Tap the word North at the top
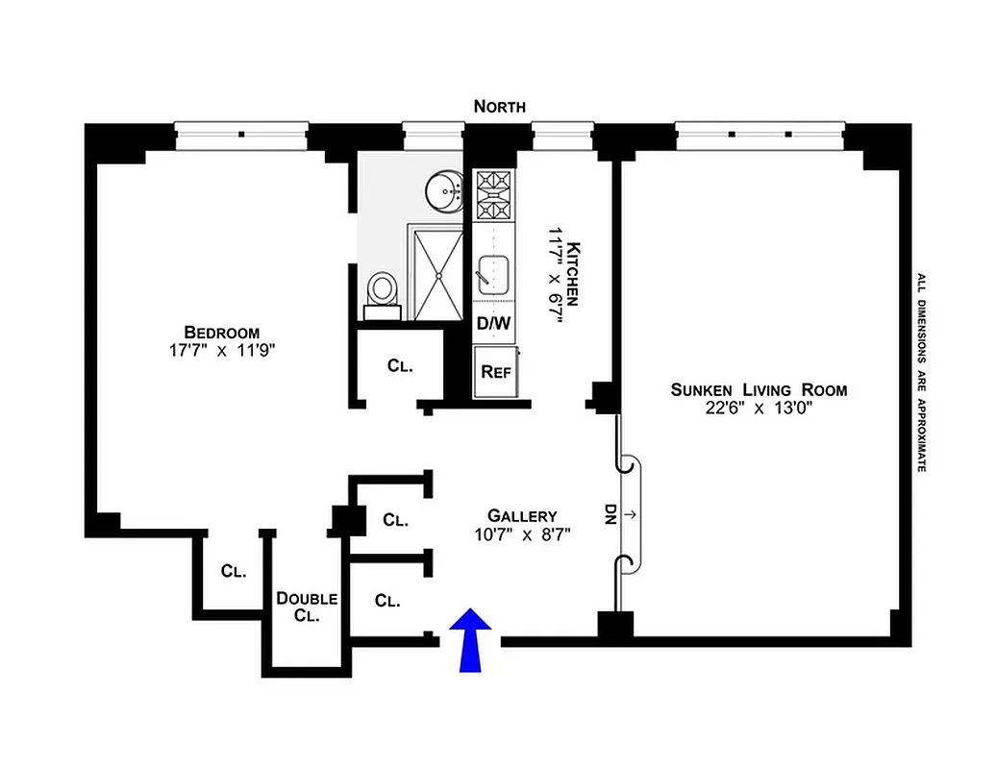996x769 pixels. click(500, 107)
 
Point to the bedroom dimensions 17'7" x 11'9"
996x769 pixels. click(223, 351)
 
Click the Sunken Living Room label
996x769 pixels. click(759, 389)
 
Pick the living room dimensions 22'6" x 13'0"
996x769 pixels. click(759, 408)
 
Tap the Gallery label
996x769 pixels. click(522, 514)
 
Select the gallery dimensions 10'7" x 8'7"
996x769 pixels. click(522, 534)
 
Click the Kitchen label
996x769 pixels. click(574, 273)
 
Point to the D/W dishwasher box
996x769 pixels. click(494, 324)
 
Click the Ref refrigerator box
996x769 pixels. click(495, 371)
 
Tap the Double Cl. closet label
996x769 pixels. click(306, 608)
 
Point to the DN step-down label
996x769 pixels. click(610, 514)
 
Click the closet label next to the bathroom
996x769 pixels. click(400, 365)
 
